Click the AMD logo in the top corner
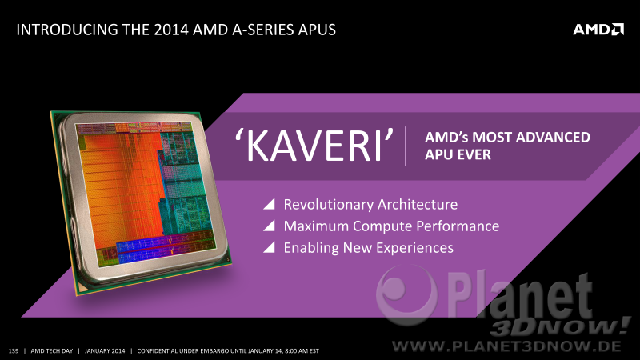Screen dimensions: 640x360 click(x=598, y=30)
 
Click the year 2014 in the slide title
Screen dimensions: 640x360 click(x=171, y=30)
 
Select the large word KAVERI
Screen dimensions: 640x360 click(x=314, y=146)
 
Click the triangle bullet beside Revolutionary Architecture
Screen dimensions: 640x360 click(x=269, y=204)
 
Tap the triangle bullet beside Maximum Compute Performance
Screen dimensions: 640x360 click(x=269, y=226)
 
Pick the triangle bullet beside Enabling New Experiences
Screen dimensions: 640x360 click(x=269, y=247)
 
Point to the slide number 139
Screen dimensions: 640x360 click(x=14, y=350)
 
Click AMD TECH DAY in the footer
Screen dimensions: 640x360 click(x=52, y=350)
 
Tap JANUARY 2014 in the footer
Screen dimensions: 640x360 click(x=105, y=350)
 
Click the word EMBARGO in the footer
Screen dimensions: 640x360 click(x=214, y=350)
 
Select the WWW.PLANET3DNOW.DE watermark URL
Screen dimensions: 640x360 click(x=506, y=346)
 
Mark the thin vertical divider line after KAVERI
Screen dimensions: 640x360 click(x=405, y=146)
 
